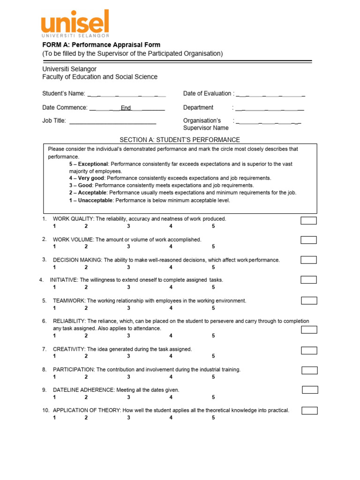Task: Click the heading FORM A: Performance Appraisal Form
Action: coord(101,45)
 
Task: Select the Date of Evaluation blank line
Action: coord(270,94)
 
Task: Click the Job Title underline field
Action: coord(112,121)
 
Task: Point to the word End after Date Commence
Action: coord(126,108)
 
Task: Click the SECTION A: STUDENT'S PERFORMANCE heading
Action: coord(180,140)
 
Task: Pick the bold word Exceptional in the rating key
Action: coord(93,164)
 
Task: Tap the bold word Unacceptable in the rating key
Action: coord(95,200)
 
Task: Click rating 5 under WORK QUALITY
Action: coord(213,226)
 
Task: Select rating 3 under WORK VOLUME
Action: coord(128,247)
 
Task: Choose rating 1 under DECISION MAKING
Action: coord(54,267)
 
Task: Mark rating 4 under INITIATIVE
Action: coord(171,287)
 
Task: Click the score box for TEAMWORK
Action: coord(309,300)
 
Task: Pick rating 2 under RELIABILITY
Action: coord(86,336)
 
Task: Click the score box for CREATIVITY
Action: coord(309,350)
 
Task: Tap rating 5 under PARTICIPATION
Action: coord(213,377)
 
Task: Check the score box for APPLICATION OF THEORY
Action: coord(309,411)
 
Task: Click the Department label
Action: coord(198,107)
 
